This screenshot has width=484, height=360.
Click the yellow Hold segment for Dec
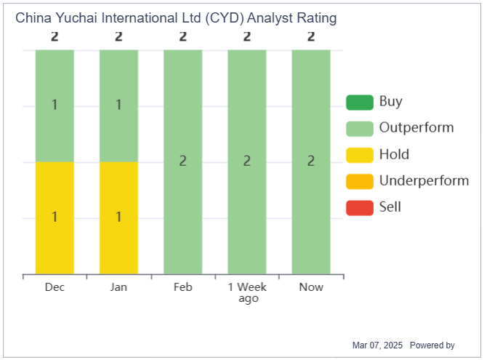tap(55, 217)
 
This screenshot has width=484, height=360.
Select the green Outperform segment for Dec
tap(55, 105)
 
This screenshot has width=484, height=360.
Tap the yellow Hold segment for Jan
tap(118, 217)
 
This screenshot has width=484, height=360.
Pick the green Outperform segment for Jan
tap(118, 105)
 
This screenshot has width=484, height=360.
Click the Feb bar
tap(182, 161)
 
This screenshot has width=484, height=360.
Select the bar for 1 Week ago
tap(247, 161)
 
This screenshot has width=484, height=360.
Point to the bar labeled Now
tap(311, 161)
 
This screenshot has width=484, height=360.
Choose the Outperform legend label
tap(416, 128)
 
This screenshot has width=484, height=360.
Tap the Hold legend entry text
tap(394, 154)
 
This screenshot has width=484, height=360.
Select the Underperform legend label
tap(424, 180)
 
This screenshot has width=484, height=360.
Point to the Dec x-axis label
tap(55, 287)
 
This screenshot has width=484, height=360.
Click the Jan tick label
tap(118, 287)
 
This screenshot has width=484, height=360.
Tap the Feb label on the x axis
tap(182, 287)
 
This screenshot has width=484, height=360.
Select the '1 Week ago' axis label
tap(248, 292)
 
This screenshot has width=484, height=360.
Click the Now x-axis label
tap(311, 287)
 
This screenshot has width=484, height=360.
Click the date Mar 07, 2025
tap(376, 345)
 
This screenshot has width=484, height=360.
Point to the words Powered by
tap(432, 345)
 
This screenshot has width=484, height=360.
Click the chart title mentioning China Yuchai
tap(176, 17)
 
